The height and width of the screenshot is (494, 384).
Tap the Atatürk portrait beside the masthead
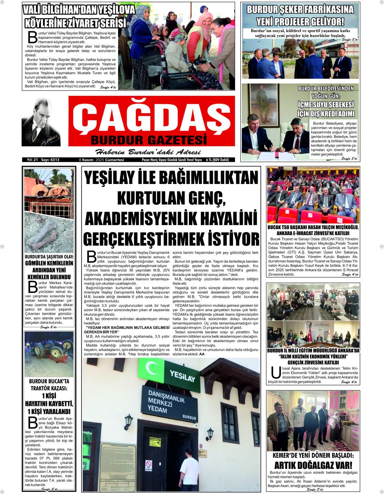pos(41,122)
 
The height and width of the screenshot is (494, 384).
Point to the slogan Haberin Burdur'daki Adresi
pos(148,151)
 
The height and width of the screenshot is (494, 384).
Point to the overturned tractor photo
pos(49,354)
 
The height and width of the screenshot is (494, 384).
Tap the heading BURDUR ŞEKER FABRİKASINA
pos(300,9)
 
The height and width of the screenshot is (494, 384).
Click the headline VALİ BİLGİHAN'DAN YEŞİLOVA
pos(79,9)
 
